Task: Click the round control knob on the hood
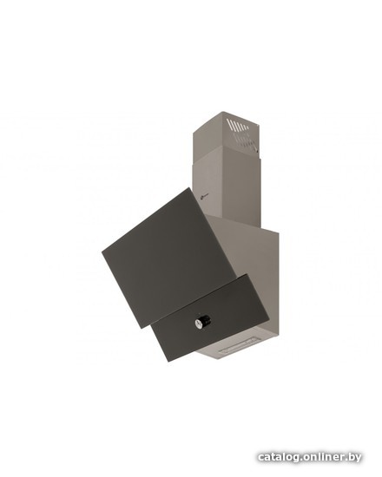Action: (x=202, y=321)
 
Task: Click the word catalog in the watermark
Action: (x=276, y=457)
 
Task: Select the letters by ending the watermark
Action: (x=354, y=457)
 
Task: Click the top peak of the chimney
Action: (x=222, y=112)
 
